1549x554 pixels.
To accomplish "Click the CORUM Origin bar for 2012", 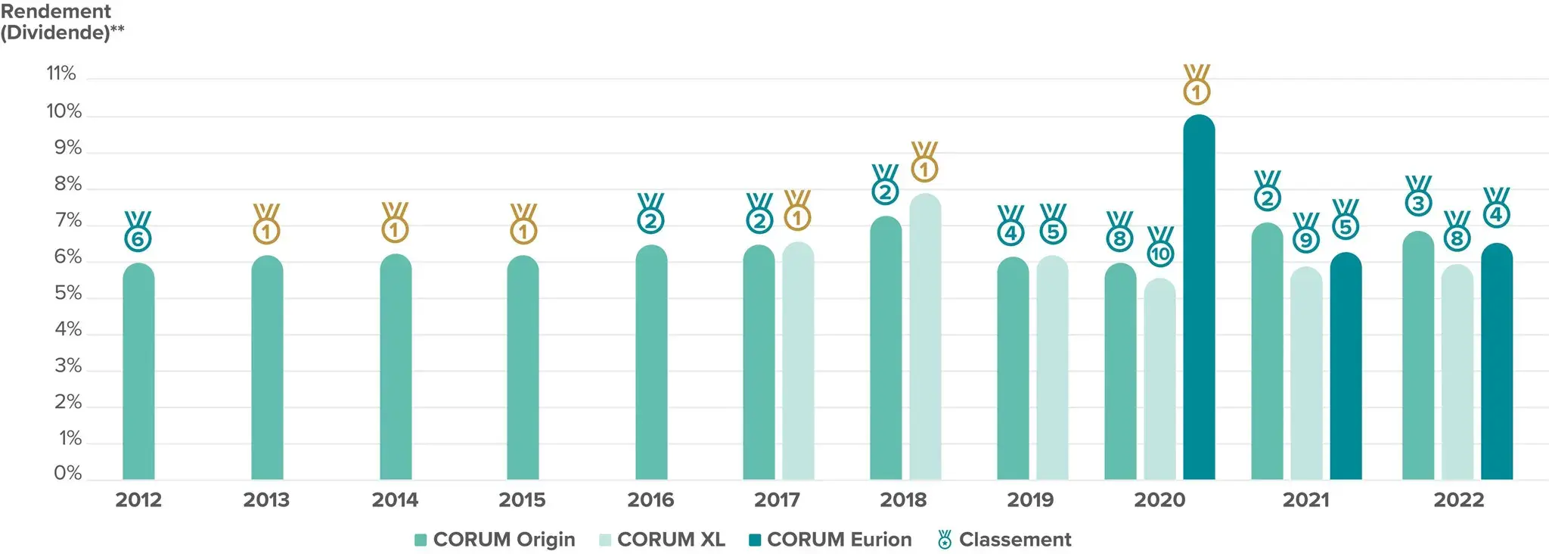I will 138,371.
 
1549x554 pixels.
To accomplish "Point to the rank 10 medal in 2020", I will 1160,247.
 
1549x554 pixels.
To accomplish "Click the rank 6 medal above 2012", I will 138,232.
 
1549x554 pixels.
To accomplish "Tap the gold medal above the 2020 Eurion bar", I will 1197,85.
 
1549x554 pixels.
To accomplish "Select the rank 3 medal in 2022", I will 1418,196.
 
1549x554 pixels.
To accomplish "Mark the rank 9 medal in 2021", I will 1305,232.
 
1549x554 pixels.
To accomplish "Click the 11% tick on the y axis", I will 61,73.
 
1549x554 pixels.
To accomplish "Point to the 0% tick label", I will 67,473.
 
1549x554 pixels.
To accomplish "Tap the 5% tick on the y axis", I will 67,293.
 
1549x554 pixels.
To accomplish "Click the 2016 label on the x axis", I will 650,500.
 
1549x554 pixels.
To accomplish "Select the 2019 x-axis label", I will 1030,500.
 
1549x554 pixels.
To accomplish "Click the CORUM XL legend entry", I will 662,540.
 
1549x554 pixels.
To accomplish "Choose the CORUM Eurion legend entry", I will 830,540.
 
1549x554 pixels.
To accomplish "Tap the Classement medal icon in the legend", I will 945,540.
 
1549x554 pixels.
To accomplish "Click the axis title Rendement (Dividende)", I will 61,22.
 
